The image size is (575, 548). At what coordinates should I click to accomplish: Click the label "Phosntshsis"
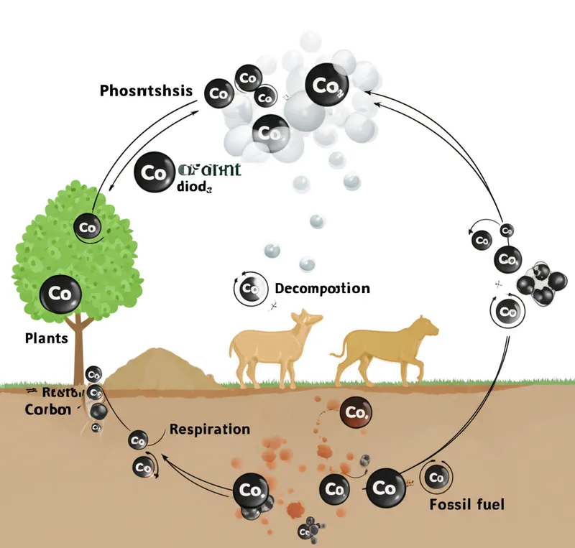click(x=146, y=91)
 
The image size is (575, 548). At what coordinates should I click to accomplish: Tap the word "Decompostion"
click(x=322, y=289)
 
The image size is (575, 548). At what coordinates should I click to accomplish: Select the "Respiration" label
click(x=210, y=429)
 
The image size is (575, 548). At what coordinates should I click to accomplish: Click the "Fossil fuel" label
click(x=466, y=503)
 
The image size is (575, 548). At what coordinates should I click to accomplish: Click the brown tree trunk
click(x=78, y=352)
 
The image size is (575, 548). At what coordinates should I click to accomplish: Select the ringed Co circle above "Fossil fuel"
click(x=436, y=476)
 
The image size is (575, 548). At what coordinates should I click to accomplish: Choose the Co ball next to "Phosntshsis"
click(x=219, y=93)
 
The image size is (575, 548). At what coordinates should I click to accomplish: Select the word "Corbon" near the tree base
click(x=47, y=409)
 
